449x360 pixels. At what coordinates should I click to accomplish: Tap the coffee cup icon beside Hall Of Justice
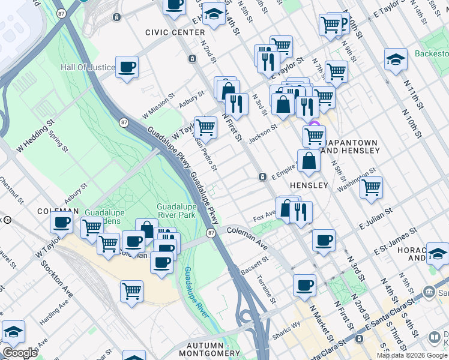point(127,67)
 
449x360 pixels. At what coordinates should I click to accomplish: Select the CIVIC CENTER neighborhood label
point(170,32)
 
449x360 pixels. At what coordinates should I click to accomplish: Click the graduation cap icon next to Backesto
point(396,60)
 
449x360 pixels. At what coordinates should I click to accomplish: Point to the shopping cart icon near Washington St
point(371,187)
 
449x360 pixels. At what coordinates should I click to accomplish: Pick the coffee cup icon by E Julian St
point(324,240)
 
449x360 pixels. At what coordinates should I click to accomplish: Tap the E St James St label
point(396,239)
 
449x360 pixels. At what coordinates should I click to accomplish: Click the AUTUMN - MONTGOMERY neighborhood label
point(206,350)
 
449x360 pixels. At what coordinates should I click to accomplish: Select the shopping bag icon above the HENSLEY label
point(309,161)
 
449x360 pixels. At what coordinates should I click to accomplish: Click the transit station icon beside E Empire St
point(262,176)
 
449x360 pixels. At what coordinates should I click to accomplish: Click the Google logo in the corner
point(20,353)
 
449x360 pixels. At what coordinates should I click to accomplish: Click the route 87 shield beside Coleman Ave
point(211,233)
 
